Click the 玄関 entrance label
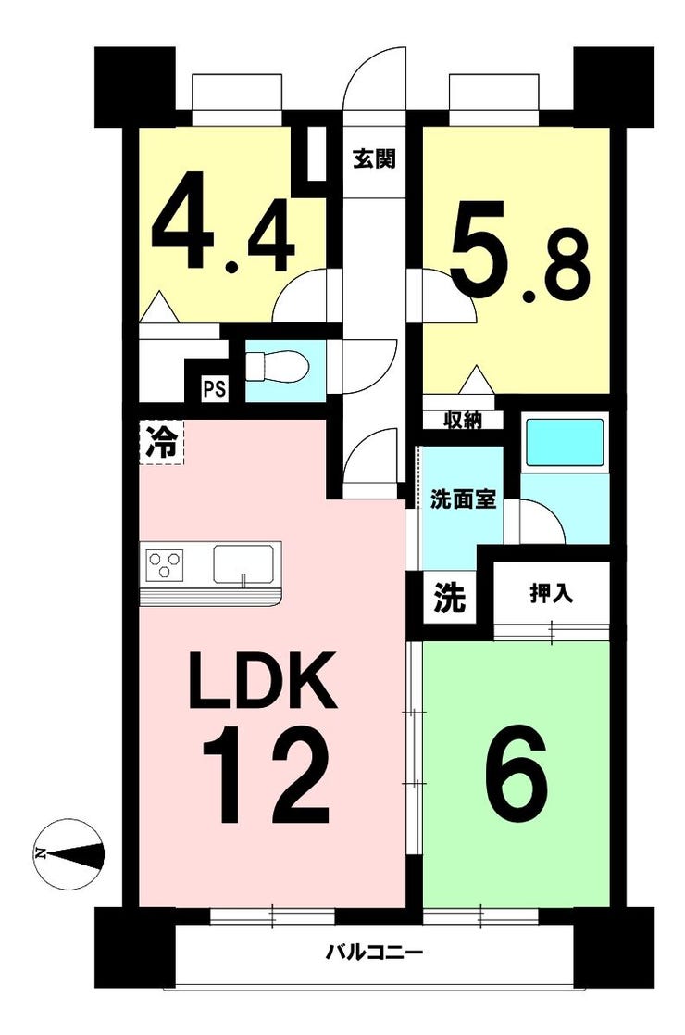374,159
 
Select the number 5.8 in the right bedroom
519,251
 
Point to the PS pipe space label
214,389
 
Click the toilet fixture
276,366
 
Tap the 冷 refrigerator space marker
161,442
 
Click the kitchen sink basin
243,565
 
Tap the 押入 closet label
551,593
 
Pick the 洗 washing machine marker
449,598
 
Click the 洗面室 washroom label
463,499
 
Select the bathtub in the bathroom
564,442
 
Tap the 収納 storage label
463,420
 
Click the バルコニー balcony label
375,953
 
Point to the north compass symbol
69,853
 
